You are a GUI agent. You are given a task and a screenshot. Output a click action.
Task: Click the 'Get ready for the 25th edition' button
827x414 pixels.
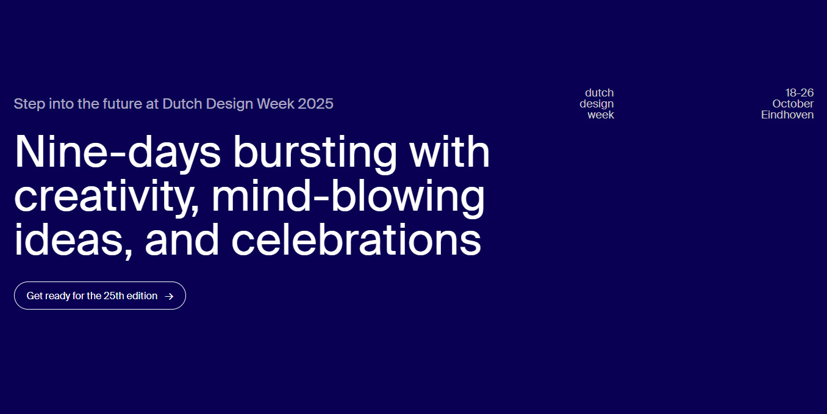tap(99, 296)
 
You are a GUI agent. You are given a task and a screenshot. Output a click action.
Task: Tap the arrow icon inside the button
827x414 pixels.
tap(169, 296)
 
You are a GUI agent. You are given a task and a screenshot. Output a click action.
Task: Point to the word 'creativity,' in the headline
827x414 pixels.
tap(107, 197)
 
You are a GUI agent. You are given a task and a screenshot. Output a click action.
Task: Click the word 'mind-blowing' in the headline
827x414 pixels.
tap(348, 197)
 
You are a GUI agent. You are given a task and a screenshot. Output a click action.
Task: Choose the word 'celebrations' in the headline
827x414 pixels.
tap(356, 239)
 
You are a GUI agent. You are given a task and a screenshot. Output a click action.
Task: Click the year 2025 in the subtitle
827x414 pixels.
tap(315, 104)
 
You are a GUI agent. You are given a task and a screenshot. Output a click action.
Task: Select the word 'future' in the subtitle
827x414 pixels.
tap(122, 104)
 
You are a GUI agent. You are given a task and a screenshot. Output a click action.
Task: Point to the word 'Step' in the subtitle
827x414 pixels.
tap(29, 104)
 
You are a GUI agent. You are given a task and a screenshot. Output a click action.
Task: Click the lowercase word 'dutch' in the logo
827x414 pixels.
tap(599, 93)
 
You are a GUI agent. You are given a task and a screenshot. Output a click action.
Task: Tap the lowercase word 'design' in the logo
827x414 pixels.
tap(596, 104)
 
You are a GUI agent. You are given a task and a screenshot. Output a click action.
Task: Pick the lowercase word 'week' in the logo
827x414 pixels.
tap(601, 115)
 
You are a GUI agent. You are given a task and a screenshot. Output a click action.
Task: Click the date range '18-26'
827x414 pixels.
tap(800, 93)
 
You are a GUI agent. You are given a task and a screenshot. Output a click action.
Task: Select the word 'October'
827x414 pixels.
tap(793, 104)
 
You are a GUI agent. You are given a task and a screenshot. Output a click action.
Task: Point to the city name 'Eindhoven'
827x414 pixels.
tap(787, 115)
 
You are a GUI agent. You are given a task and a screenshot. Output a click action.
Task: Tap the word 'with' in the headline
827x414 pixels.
tap(449, 152)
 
